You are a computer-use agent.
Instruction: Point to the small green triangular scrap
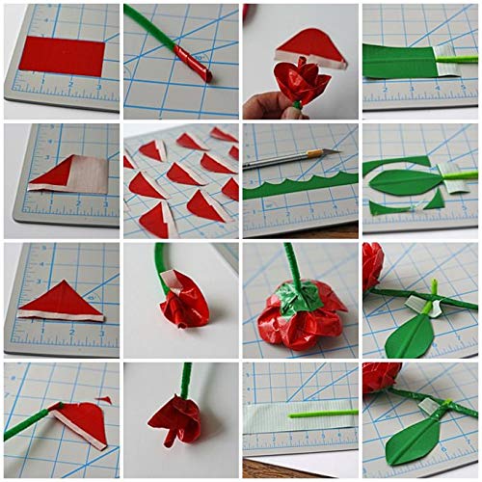[435, 200]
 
